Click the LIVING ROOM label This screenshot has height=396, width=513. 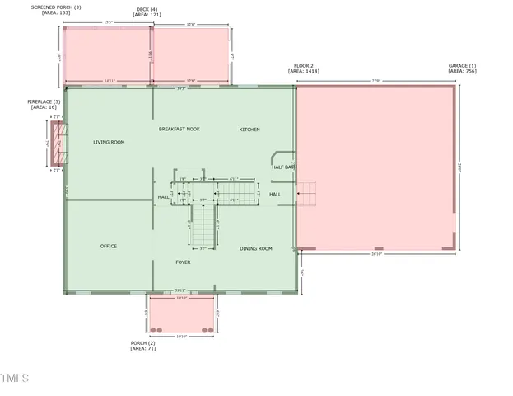(109, 143)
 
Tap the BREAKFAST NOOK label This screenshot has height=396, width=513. (180, 130)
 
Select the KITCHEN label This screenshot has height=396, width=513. (250, 130)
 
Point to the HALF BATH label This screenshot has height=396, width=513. (284, 167)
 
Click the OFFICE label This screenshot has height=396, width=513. (109, 246)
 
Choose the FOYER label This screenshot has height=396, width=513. (183, 262)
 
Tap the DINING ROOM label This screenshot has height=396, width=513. (256, 248)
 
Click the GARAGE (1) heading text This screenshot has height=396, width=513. (462, 65)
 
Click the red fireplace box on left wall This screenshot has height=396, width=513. (58, 143)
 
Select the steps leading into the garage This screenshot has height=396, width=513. (306, 195)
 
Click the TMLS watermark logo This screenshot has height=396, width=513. (15, 379)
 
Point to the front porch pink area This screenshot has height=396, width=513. (181, 313)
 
